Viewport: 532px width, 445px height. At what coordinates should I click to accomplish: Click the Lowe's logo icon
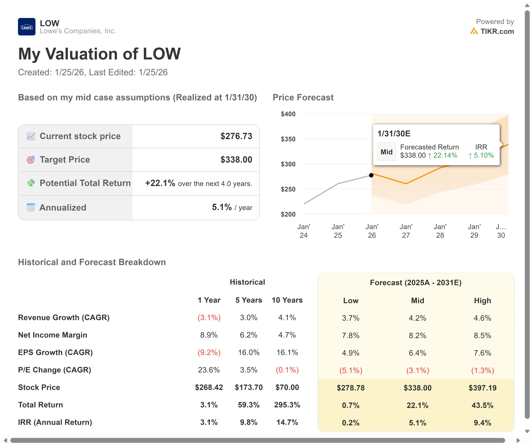click(x=27, y=27)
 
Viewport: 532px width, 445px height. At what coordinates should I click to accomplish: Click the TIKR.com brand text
click(x=497, y=31)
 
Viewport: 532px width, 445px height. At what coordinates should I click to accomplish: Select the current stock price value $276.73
click(x=236, y=136)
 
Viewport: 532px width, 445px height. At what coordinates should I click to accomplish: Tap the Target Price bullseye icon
click(x=31, y=160)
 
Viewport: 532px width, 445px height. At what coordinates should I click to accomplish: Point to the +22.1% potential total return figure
click(x=160, y=183)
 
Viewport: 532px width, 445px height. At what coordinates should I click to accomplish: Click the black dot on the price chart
click(x=371, y=175)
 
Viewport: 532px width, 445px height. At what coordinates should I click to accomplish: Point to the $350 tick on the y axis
click(x=288, y=139)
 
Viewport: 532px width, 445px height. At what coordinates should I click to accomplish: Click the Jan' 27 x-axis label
click(x=406, y=231)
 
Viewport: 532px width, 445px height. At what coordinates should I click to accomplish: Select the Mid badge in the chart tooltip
click(x=386, y=152)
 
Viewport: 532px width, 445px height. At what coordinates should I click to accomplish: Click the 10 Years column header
click(x=287, y=300)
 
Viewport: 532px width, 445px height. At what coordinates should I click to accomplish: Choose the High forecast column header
click(x=482, y=301)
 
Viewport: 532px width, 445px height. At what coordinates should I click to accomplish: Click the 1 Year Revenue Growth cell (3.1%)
click(x=209, y=318)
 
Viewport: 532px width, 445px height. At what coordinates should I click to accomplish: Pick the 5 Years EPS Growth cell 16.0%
click(x=249, y=353)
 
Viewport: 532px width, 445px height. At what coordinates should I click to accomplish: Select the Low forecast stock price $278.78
click(x=351, y=388)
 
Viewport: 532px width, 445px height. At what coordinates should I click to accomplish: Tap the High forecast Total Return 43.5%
click(x=482, y=405)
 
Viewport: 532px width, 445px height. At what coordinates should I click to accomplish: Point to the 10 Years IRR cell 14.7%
click(x=287, y=422)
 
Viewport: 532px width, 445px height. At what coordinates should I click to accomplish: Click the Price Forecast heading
click(x=303, y=97)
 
